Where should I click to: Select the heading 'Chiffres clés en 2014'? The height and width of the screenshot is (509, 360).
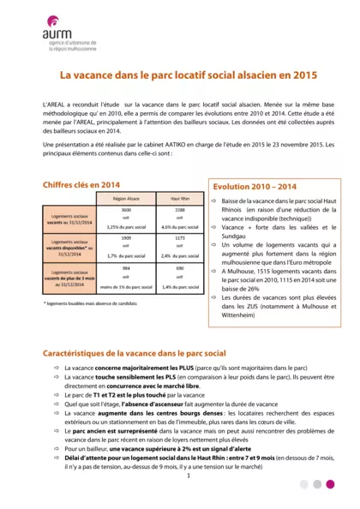coord(81,184)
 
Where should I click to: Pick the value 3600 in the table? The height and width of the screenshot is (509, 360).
coord(126,210)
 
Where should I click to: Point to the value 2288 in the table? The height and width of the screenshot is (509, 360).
coord(180,210)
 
